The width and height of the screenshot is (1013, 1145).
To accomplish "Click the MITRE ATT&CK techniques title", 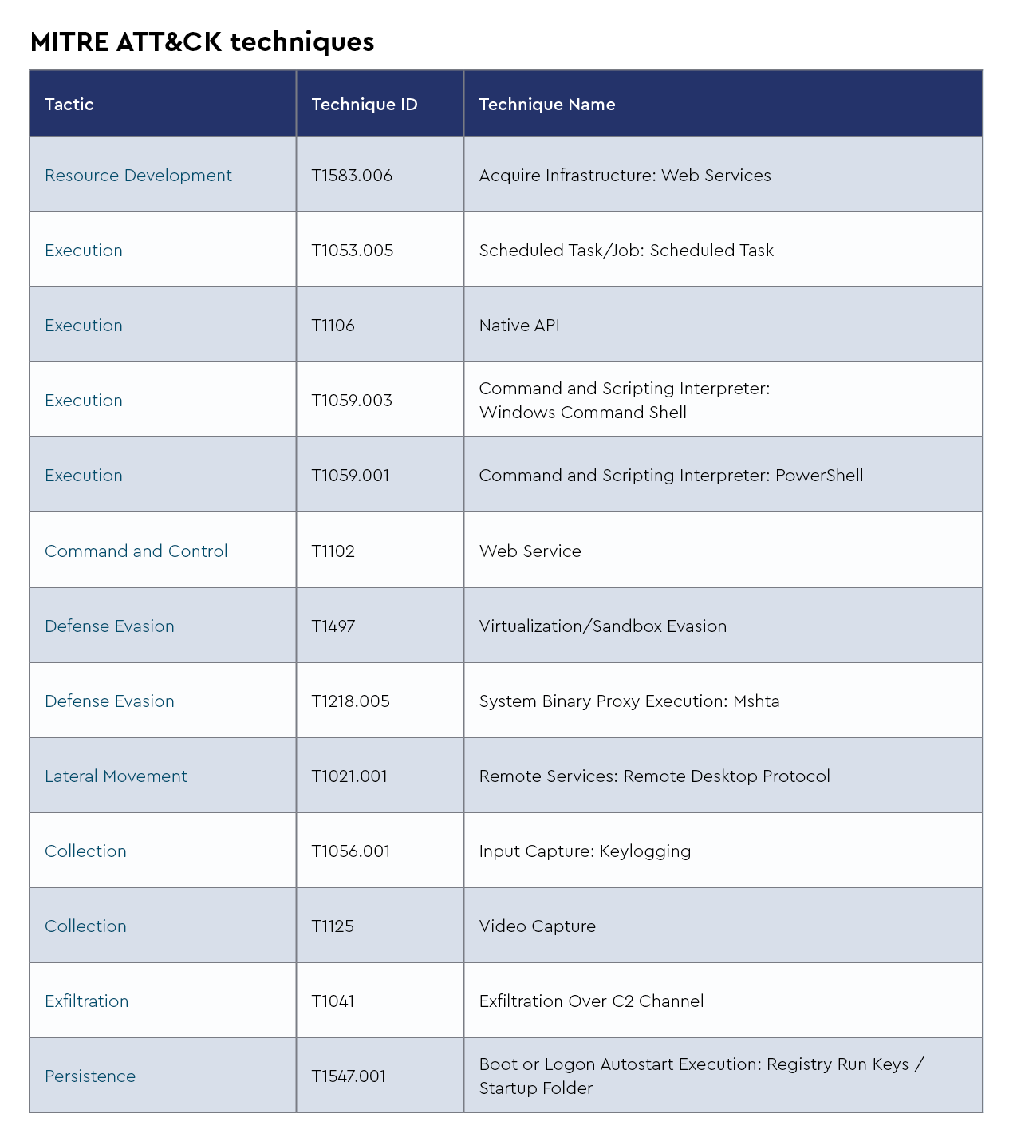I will tap(202, 41).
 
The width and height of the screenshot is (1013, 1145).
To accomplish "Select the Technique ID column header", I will tap(364, 105).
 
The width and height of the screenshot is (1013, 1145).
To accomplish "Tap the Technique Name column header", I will tap(546, 105).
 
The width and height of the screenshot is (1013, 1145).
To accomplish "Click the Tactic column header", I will tap(69, 105).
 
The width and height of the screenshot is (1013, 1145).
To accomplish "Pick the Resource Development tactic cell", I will tap(138, 176).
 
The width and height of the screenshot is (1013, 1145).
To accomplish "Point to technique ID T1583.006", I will tap(352, 176).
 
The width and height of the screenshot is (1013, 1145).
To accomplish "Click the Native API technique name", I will tap(519, 326).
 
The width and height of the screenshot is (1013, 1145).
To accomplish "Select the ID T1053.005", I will tap(352, 251).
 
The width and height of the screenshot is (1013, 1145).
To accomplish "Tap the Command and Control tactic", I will tap(136, 551).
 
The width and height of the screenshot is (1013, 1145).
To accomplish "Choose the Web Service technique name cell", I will tap(530, 551).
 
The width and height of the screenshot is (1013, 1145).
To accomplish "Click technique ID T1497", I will tap(333, 626).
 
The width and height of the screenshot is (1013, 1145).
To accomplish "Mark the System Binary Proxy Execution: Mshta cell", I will tap(629, 701).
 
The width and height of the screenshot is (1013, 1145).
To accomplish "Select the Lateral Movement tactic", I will tap(116, 776).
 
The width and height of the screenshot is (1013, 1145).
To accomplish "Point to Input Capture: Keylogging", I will tap(585, 851).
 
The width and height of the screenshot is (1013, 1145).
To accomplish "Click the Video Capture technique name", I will tap(537, 926).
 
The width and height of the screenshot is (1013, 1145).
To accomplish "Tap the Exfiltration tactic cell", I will tap(86, 1001).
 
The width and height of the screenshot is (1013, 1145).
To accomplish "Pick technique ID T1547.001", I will tap(349, 1076).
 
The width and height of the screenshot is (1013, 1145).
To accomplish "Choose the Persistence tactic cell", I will tap(90, 1076).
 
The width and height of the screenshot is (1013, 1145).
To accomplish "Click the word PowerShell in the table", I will tap(819, 476).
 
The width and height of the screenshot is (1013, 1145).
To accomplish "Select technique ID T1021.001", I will tap(349, 776).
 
